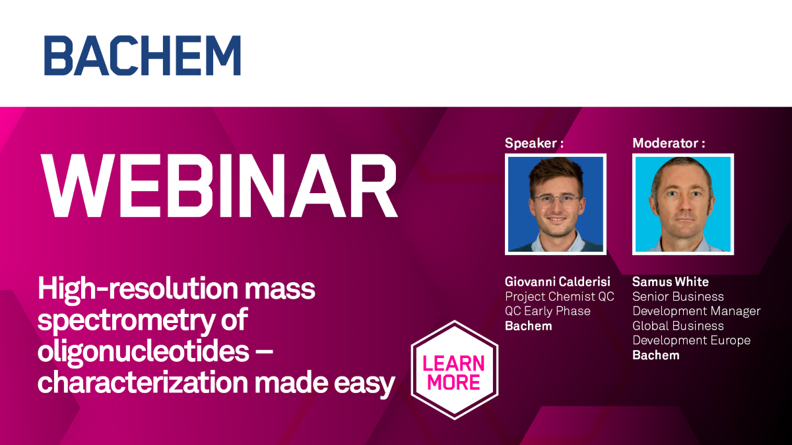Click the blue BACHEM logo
143,55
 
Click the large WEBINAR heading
219,186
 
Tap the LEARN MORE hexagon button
454,370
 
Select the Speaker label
534,143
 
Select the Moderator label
669,143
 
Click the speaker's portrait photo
556,204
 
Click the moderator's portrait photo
683,204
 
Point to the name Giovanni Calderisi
558,282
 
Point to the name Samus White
671,282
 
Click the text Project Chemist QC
560,297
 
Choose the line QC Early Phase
548,311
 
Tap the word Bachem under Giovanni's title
528,326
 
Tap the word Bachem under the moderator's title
656,355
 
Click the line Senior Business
678,296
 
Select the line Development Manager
696,311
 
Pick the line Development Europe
691,340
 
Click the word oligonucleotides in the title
144,351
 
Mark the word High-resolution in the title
138,289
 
